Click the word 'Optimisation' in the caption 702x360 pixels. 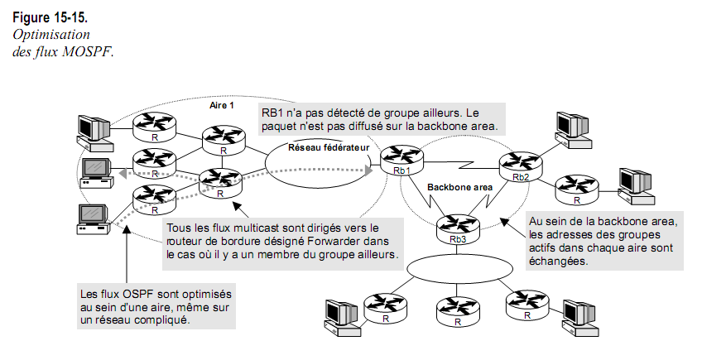50,35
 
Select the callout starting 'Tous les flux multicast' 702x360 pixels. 282,240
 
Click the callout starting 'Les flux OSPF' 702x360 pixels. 154,307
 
